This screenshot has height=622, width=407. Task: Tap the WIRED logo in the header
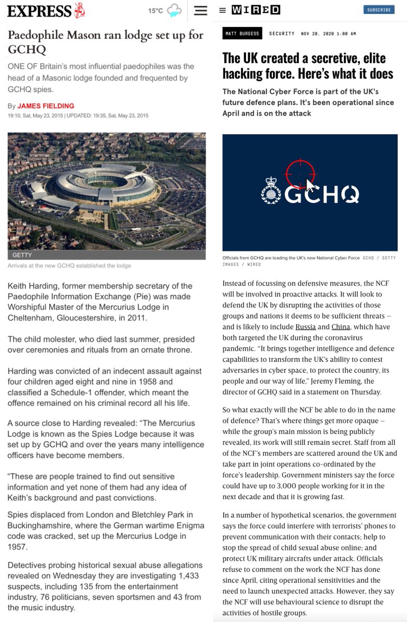click(256, 10)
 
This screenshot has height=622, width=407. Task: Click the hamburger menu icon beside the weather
click(200, 10)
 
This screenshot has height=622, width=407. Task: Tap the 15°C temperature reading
click(155, 11)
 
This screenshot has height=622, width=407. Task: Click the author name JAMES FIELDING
click(46, 106)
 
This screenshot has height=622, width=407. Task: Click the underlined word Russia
click(306, 327)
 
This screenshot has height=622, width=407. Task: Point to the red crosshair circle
click(300, 175)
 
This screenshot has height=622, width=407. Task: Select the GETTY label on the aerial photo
click(23, 256)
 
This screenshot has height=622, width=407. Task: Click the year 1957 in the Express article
click(18, 547)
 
